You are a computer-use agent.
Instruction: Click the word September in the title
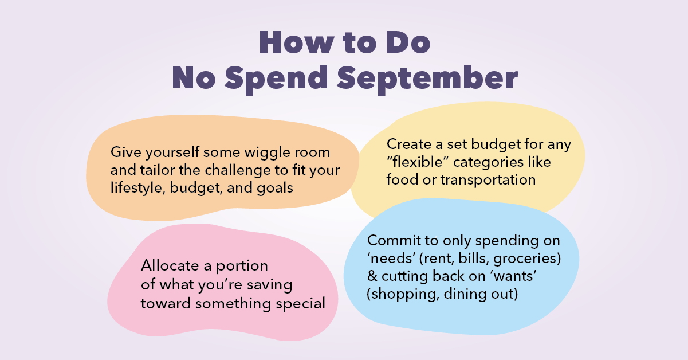pos(426,79)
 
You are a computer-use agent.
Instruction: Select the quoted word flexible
pos(414,162)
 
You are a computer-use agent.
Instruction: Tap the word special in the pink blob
pos(302,303)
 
